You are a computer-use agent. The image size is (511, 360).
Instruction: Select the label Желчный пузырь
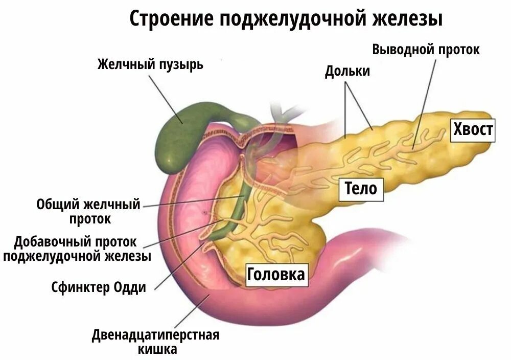150,65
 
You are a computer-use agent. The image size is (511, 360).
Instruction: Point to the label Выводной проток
426,50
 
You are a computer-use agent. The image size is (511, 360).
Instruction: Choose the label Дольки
347,71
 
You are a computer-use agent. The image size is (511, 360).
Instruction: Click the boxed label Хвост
473,129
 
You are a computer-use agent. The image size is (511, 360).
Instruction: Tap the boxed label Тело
361,188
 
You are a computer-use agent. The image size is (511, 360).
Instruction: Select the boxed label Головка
275,275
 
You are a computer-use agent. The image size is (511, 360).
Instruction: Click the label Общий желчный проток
88,212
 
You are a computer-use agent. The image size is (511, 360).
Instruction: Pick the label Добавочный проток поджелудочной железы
77,249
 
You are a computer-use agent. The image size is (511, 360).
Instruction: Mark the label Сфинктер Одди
99,287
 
